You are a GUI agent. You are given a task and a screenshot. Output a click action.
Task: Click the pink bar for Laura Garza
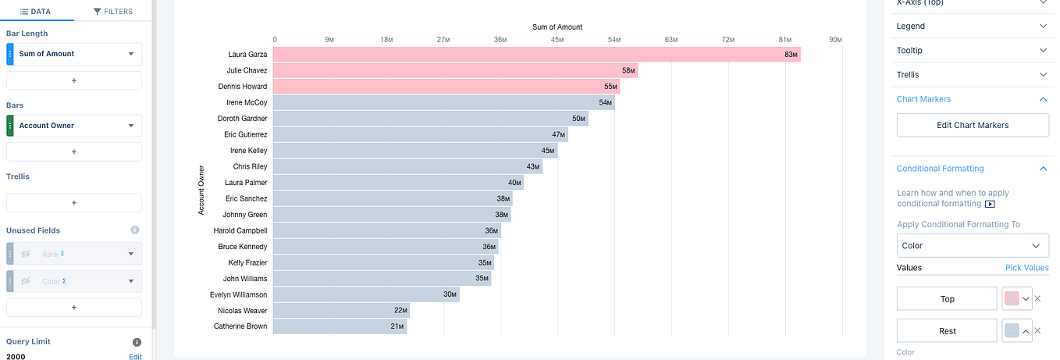pos(536,55)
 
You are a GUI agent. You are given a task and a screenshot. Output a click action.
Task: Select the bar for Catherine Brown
pos(340,326)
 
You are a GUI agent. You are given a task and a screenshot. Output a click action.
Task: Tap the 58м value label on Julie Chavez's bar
pos(628,71)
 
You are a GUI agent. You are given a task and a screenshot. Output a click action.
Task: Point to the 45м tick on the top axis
pos(557,39)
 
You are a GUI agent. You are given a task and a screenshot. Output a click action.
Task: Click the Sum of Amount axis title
pos(557,27)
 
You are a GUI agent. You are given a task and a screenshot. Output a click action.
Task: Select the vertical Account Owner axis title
pos(201,190)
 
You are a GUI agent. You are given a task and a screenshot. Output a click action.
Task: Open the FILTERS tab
pos(112,12)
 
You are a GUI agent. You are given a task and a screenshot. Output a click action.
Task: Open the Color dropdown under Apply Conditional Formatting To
pos(972,245)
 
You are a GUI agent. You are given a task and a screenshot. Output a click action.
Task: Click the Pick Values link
pos(1026,268)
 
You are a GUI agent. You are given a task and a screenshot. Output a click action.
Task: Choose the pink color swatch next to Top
pos(1012,299)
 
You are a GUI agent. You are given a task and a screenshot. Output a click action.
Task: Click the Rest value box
pos(947,331)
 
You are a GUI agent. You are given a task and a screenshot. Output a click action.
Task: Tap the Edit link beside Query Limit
pos(135,356)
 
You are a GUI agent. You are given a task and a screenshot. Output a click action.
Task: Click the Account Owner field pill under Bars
pos(74,126)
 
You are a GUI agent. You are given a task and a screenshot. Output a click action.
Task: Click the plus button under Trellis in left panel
pos(74,202)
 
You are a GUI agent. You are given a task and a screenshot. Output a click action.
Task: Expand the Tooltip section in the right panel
pos(972,50)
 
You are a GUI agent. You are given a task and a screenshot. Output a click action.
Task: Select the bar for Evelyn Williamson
pos(366,294)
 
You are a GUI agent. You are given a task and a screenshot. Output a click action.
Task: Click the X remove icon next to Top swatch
pos(1037,299)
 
